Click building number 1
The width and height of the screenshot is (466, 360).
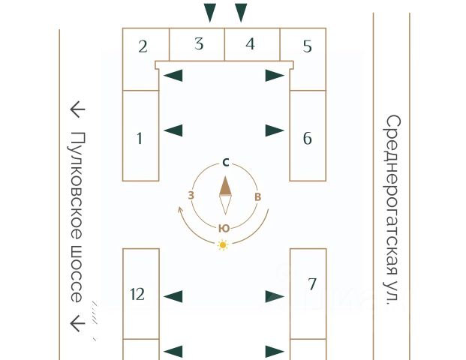coord(140,138)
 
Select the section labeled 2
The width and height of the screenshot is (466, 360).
coord(143,46)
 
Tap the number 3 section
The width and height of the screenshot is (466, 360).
coord(199,44)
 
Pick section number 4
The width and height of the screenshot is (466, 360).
coord(251,44)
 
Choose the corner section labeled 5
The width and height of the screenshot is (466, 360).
coord(307,46)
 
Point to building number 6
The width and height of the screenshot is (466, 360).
coord(308,138)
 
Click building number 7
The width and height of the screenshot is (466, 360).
coord(312,284)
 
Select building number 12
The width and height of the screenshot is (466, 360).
coord(137,294)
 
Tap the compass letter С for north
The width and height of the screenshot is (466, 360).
coord(226,162)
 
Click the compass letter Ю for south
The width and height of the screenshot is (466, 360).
coord(224,228)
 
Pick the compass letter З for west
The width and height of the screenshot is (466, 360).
coord(191,196)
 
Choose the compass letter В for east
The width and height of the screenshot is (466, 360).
coord(258,196)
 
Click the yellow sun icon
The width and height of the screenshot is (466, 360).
coord(223,245)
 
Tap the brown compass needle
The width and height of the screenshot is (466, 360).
coord(226,187)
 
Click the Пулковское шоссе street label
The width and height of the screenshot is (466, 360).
coord(77,217)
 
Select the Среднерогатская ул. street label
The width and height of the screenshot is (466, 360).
coord(393,209)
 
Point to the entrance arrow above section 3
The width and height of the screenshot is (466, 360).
coord(211,13)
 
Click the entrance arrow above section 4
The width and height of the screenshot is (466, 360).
coord(241,13)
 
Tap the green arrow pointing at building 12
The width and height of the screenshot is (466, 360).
coord(173,296)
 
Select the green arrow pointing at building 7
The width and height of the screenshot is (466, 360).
coord(275,296)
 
